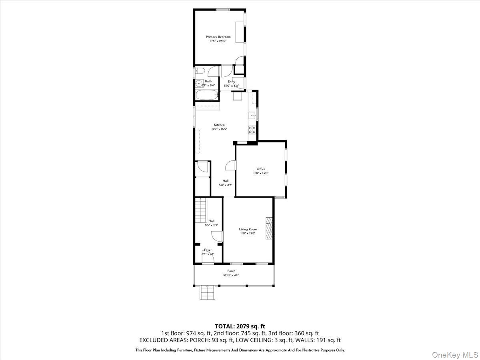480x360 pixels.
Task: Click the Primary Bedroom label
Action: click(218, 37)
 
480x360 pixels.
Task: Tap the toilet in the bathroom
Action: click(201, 71)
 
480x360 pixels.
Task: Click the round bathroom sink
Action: click(199, 84)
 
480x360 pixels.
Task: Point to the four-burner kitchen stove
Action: click(252, 130)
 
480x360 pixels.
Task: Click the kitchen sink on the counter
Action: click(252, 115)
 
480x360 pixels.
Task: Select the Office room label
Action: click(261, 169)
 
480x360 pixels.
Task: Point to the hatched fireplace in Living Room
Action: click(270, 228)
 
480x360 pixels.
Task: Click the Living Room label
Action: click(248, 229)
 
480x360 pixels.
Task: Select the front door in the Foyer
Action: click(208, 260)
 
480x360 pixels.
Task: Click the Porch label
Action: click(231, 271)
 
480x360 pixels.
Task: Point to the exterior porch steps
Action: click(208, 294)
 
